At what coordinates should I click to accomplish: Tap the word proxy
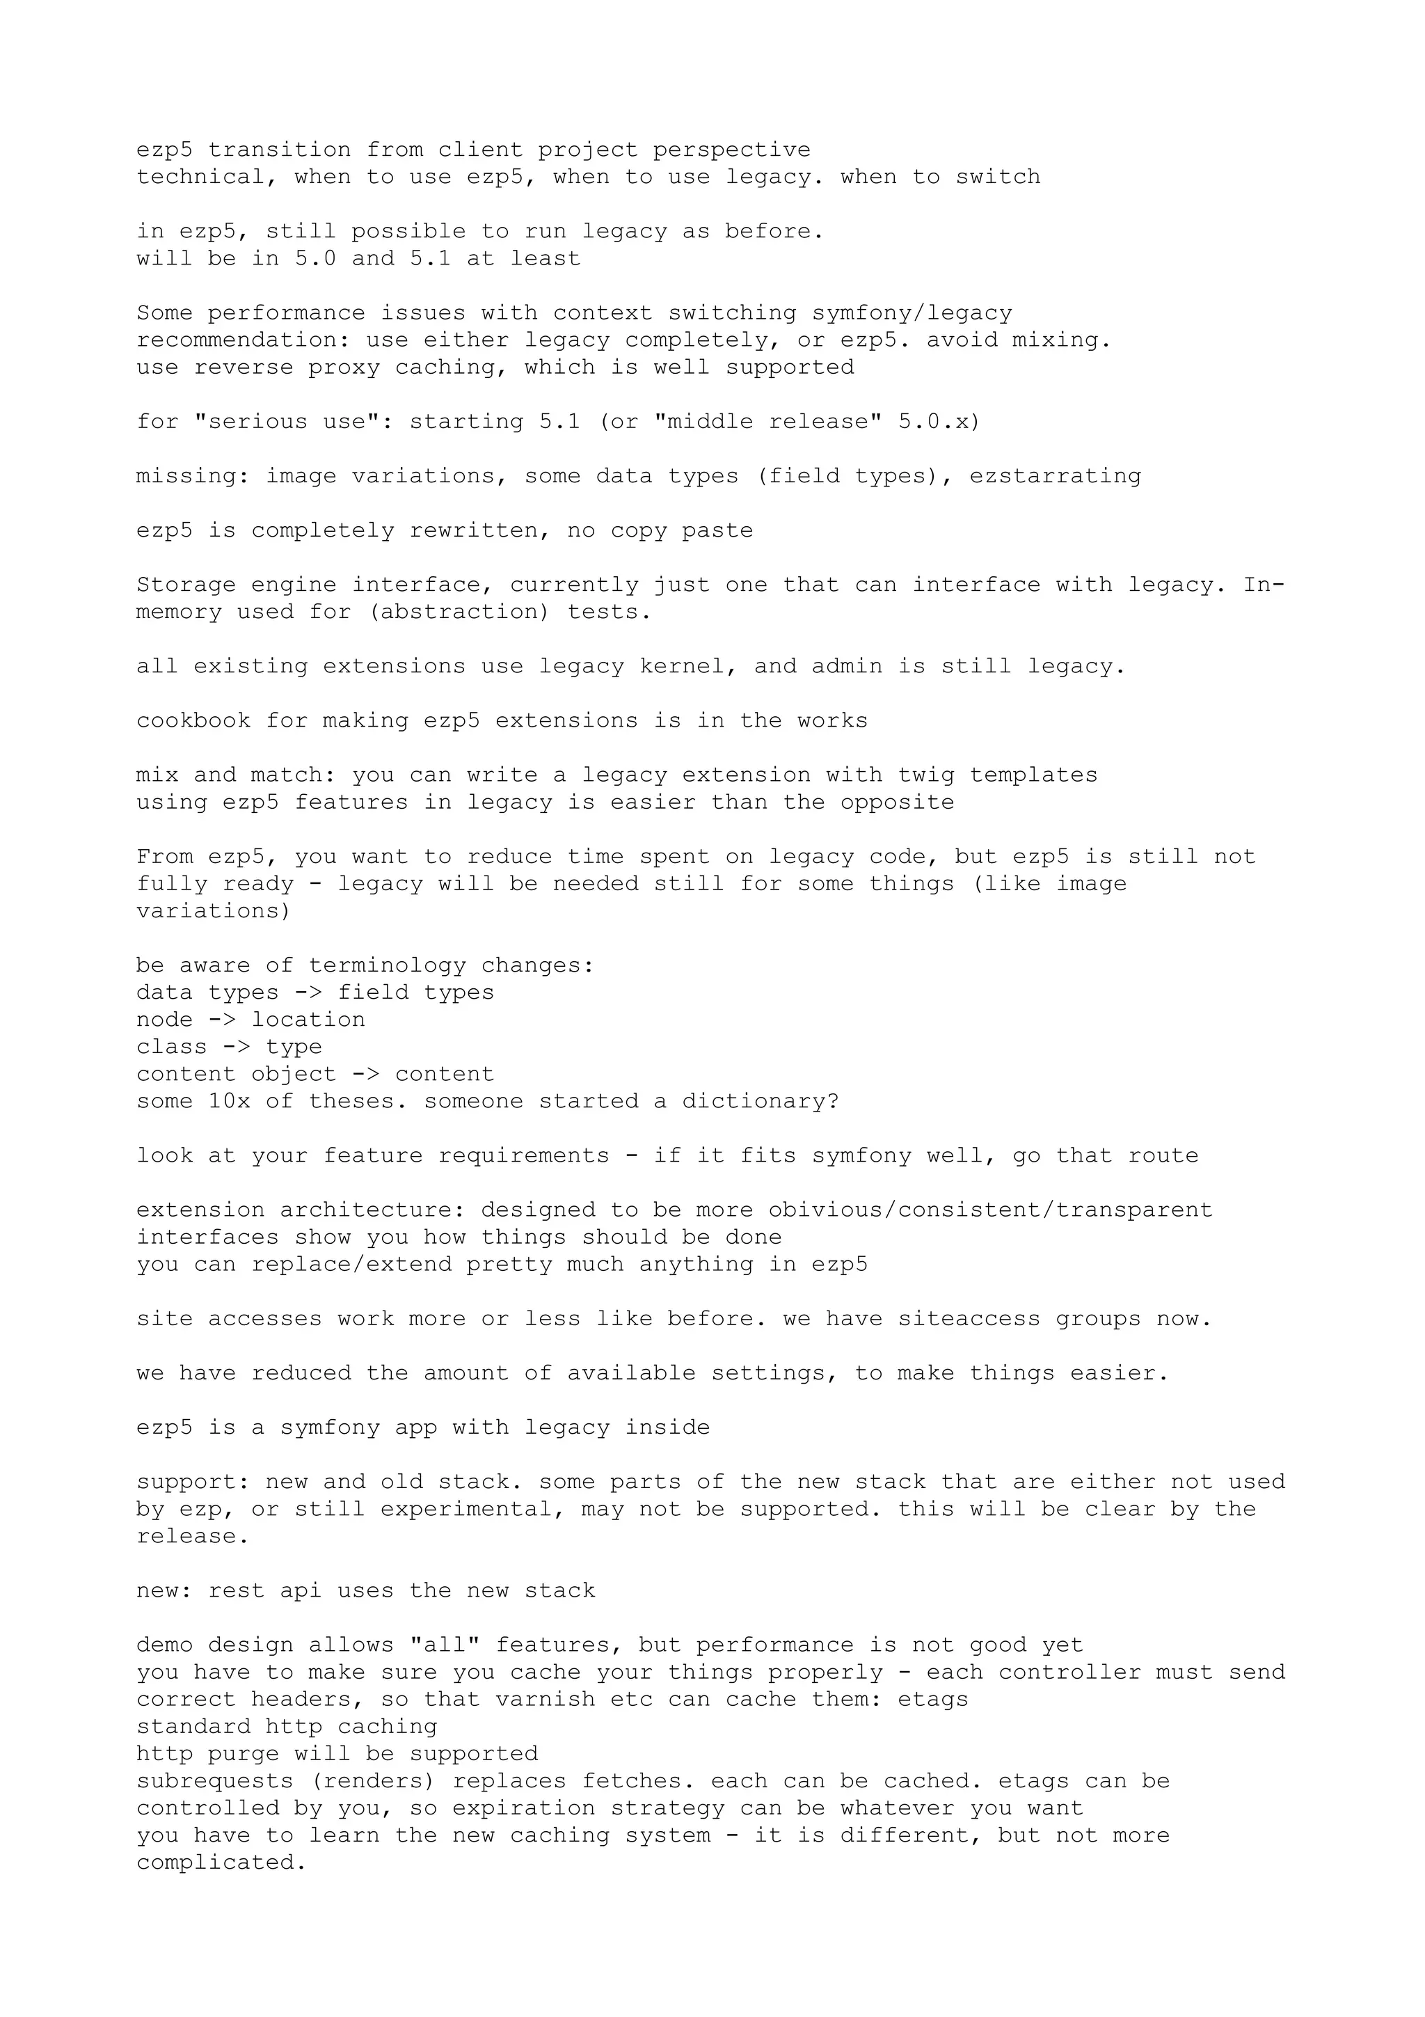click(x=343, y=368)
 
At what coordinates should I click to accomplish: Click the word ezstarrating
click(x=1056, y=477)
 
